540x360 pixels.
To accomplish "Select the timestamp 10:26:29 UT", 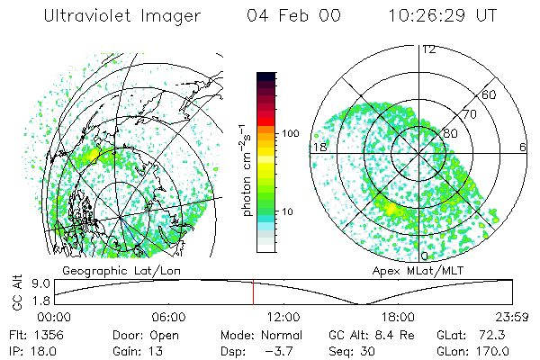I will pyautogui.click(x=443, y=16).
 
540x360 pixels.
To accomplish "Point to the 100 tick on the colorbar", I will pyautogui.click(x=290, y=133).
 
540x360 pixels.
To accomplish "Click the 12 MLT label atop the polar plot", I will pyautogui.click(x=429, y=49).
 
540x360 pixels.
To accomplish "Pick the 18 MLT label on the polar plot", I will pyautogui.click(x=319, y=147).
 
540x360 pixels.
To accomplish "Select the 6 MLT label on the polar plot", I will pyautogui.click(x=523, y=147).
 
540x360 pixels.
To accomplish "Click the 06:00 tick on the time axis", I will pyautogui.click(x=168, y=317).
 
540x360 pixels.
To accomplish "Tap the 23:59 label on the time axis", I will pyautogui.click(x=511, y=317).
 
